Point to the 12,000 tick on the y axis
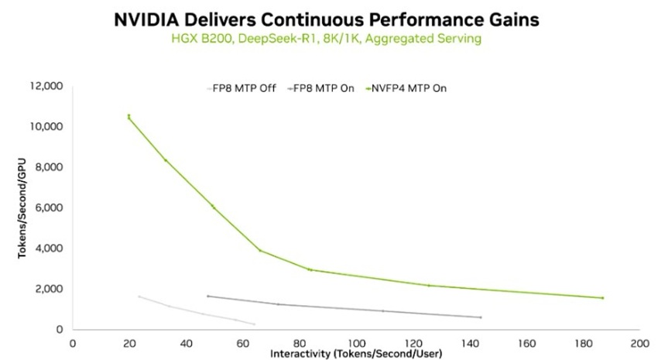tap(46, 86)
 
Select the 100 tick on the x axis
tap(356, 341)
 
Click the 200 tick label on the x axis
tap(639, 341)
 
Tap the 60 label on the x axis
tap(242, 341)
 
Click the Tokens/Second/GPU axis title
tap(23, 208)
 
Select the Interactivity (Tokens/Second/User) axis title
tap(355, 354)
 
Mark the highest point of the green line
tap(129, 116)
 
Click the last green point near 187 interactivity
tap(602, 298)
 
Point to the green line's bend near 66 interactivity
tap(259, 250)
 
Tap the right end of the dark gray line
tap(481, 317)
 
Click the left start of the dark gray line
tap(207, 296)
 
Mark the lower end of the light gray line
tap(254, 324)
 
